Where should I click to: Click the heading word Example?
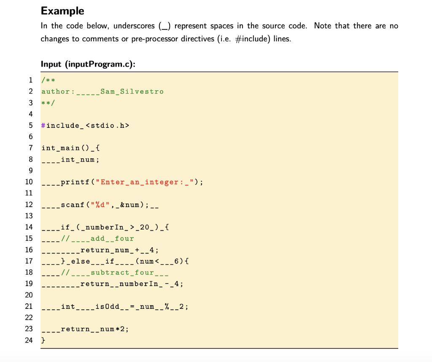(x=62, y=11)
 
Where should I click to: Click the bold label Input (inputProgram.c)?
(x=88, y=64)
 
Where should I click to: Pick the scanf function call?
(x=73, y=205)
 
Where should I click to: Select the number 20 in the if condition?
(x=144, y=227)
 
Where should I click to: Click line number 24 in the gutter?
(x=29, y=340)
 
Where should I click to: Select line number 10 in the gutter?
(x=29, y=182)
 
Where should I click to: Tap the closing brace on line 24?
(x=43, y=340)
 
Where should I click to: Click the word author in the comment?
(x=55, y=92)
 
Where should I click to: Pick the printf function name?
(x=73, y=182)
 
